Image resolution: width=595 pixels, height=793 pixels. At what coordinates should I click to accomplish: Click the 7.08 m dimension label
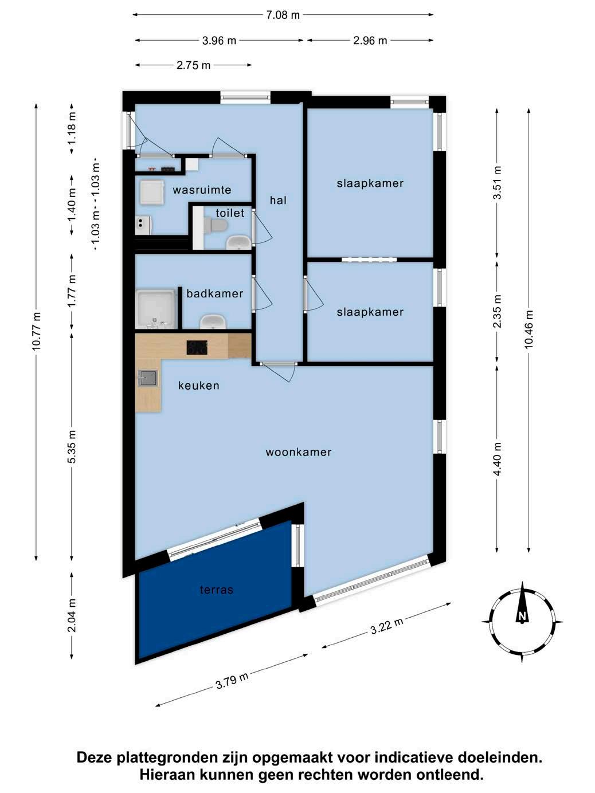coord(283,15)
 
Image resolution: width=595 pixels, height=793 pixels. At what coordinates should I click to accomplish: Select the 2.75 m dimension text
coord(193,65)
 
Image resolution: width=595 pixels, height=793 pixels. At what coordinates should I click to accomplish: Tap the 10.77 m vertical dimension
coord(36,331)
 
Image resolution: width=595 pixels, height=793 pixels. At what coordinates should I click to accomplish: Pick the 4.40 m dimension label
coord(498,459)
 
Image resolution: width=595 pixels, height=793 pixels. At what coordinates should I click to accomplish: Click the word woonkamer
coord(299,452)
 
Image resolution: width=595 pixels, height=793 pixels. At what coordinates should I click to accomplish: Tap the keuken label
coord(199,386)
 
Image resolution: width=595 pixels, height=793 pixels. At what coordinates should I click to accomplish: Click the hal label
coord(278,200)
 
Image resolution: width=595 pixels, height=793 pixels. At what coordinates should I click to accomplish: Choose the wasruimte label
coord(202,190)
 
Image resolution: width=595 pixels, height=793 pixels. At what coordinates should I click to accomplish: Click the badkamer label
coord(214,293)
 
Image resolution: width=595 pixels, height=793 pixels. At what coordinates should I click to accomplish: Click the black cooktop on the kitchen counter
coord(197,348)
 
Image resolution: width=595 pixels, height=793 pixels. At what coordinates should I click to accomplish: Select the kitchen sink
coord(147,378)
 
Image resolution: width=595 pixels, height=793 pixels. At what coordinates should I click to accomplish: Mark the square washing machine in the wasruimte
coord(152,192)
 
